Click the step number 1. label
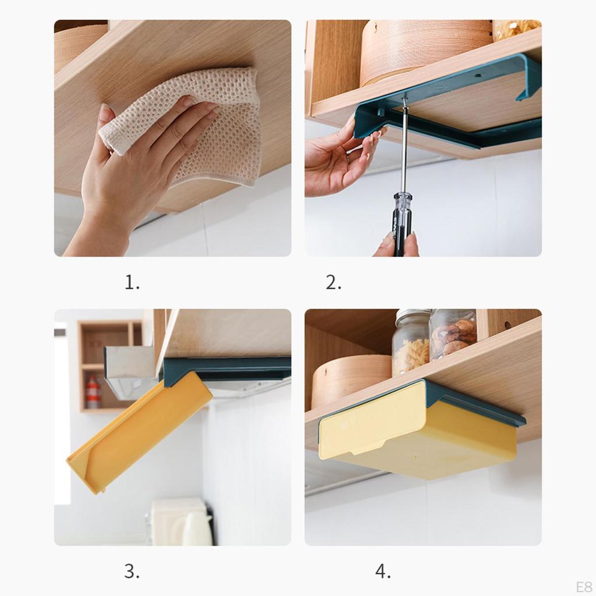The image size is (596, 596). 132,283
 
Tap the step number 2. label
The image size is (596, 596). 334,283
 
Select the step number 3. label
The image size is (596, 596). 132,572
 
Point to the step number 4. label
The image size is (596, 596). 383,572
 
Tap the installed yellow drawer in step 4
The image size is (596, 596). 419,434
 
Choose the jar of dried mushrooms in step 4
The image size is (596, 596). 453,336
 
